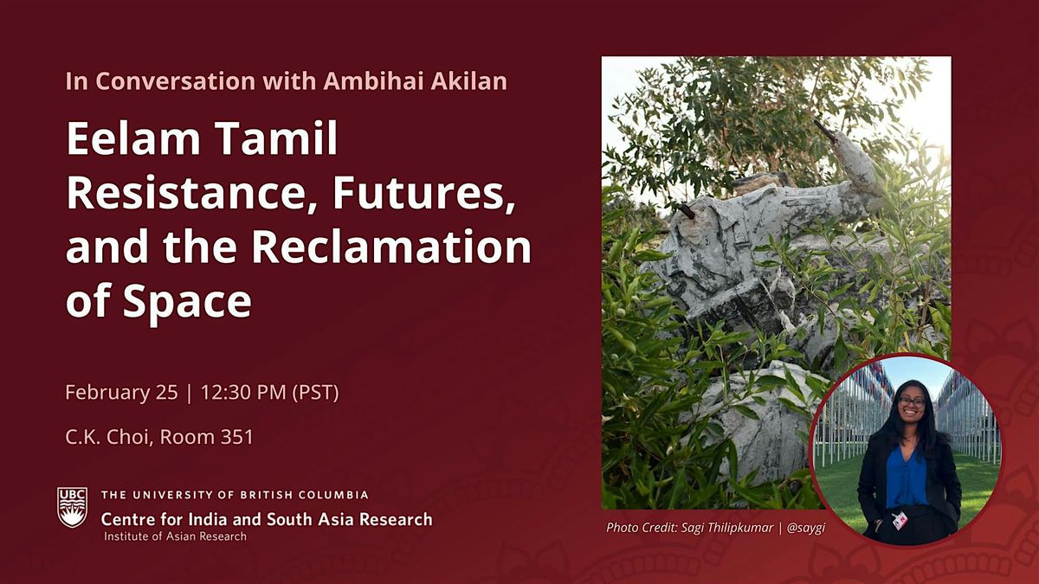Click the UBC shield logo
(72, 507)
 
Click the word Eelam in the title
(133, 138)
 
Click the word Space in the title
(187, 300)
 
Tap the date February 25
(121, 392)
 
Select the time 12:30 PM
(243, 392)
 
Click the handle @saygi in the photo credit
(806, 528)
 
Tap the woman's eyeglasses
(912, 401)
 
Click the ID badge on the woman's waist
(900, 521)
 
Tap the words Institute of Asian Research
(175, 536)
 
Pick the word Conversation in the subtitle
(176, 80)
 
